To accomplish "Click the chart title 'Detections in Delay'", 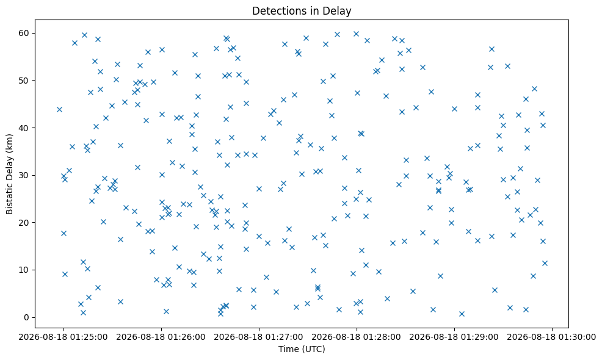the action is coord(302,11).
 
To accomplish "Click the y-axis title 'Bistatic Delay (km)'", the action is coord(9,174).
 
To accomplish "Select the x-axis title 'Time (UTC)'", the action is coord(302,349).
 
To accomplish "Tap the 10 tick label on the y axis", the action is coord(24,270).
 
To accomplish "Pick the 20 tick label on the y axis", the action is coord(24,223).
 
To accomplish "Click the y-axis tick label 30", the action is coord(24,175).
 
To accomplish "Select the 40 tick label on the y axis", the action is coord(24,128).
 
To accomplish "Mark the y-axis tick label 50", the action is coord(24,80).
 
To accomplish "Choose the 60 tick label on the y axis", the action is coord(24,33).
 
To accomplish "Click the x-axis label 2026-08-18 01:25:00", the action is coord(63,337).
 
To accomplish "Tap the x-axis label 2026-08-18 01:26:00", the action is coord(161,337).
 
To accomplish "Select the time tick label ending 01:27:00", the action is coord(259,337).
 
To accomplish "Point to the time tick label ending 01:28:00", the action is coord(357,337).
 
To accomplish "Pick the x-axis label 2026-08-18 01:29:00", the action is coord(454,337).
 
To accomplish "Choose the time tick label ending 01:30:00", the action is coord(552,337).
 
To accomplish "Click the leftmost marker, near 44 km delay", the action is coord(59,109).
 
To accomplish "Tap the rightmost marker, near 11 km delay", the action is coord(545,263).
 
